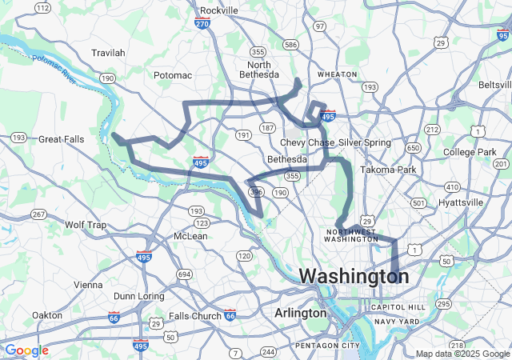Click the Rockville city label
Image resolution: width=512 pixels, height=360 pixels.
click(218, 10)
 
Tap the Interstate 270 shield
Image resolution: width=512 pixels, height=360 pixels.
click(203, 25)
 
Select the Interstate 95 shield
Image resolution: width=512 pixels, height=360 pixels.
click(502, 34)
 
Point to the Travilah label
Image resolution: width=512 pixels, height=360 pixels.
click(108, 53)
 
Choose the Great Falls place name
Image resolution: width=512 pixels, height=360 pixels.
click(61, 139)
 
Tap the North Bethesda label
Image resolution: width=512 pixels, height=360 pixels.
click(263, 70)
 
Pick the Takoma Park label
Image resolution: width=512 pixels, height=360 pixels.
click(388, 170)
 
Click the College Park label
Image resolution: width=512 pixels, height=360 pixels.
click(470, 152)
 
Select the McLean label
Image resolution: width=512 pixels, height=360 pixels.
click(190, 236)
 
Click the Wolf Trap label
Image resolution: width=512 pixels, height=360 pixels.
click(86, 225)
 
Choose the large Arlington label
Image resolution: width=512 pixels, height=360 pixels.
click(300, 313)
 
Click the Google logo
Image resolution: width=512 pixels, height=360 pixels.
click(26, 350)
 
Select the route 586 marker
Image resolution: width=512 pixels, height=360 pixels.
click(290, 44)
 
